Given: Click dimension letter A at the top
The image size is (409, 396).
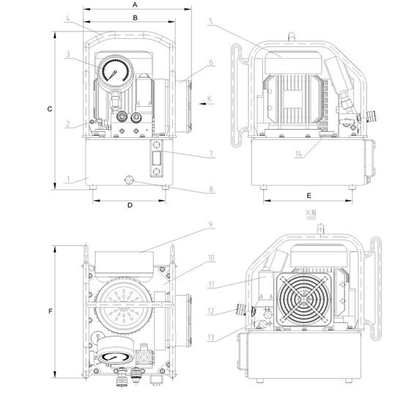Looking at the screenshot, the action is (x=135, y=4).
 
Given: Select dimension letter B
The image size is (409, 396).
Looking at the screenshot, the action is (x=135, y=18).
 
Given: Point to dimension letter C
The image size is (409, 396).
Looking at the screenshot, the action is (x=50, y=109).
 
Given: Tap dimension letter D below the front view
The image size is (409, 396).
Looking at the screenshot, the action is (x=130, y=205).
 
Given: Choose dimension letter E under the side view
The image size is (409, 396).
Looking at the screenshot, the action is (x=309, y=196).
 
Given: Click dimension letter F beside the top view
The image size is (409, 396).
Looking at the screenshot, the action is (x=51, y=311).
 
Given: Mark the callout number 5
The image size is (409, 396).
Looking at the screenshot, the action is (x=211, y=21).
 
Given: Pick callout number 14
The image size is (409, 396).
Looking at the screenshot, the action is (x=298, y=154).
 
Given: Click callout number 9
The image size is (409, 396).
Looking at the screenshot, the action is (x=211, y=224).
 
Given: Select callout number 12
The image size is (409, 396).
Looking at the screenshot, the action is (x=211, y=311).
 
